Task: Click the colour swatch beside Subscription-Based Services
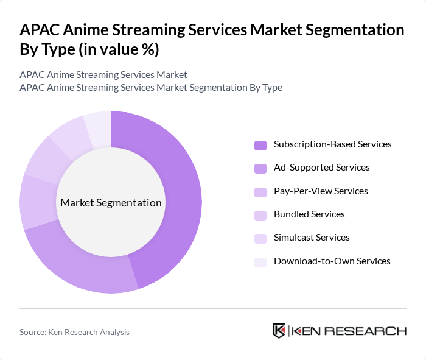(260, 145)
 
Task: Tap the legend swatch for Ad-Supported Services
(260, 168)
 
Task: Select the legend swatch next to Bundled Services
(260, 215)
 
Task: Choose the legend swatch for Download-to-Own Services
(260, 262)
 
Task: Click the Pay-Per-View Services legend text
(321, 191)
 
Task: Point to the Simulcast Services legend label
(312, 238)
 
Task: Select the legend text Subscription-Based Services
(332, 144)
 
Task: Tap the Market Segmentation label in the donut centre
(111, 203)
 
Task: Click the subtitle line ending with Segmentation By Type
(151, 87)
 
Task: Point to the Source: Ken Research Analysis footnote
(74, 332)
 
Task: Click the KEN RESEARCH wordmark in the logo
(349, 331)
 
